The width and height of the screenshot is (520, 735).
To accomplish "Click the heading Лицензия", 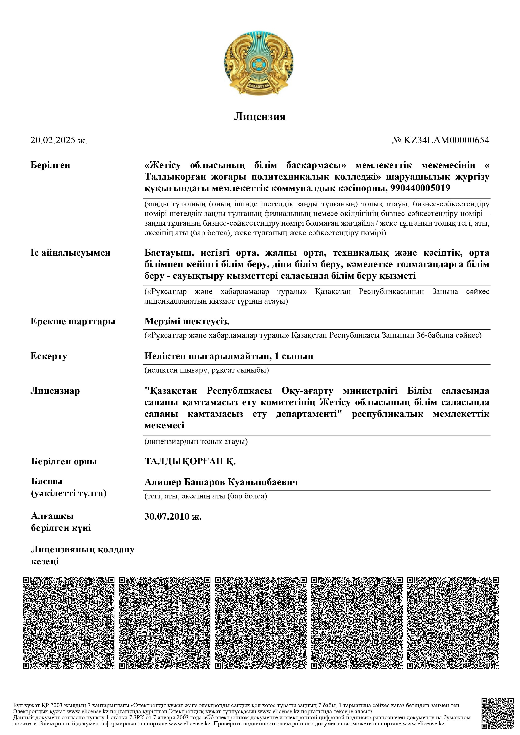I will (x=260, y=116).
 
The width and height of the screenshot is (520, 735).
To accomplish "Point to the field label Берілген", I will (x=50, y=165).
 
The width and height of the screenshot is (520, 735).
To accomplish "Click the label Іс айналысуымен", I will (x=70, y=253).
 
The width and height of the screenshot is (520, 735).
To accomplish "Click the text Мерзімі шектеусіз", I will (x=187, y=321).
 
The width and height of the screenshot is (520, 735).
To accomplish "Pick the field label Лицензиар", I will (x=55, y=391).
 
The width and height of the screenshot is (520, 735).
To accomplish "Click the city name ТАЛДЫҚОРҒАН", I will (x=184, y=461).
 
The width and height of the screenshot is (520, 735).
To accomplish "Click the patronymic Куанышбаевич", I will (x=263, y=482).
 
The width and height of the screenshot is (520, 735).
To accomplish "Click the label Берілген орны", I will (x=64, y=462).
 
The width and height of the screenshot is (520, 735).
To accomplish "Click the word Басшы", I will (x=47, y=481).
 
